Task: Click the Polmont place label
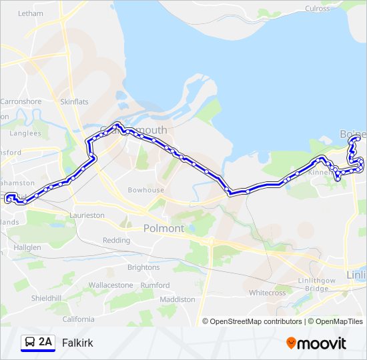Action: (x=163, y=229)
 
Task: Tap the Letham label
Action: (x=29, y=13)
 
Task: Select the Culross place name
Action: (x=317, y=8)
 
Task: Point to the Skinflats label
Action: (x=74, y=102)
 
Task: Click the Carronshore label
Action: (x=21, y=102)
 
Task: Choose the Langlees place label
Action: (x=26, y=133)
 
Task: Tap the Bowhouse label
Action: (x=146, y=190)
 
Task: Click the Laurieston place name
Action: (x=87, y=215)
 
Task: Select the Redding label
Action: (x=116, y=240)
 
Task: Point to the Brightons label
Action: (x=143, y=267)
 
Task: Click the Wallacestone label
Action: (x=111, y=285)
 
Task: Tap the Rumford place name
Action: (x=155, y=285)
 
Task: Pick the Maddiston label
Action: (x=177, y=299)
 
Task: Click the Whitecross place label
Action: (x=267, y=293)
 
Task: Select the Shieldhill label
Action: (x=47, y=299)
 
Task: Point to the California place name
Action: (x=79, y=319)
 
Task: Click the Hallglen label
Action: (x=27, y=247)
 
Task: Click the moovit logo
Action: (x=316, y=343)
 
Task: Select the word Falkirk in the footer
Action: (x=77, y=343)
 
